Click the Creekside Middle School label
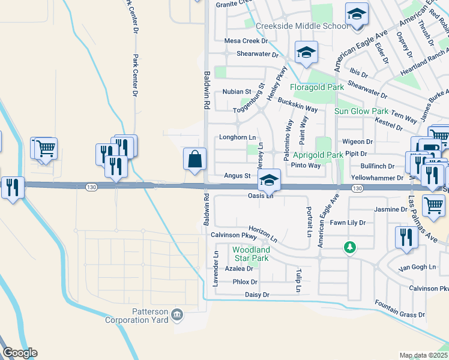(x=301, y=26)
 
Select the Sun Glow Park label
(x=361, y=112)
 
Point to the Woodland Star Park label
(x=251, y=254)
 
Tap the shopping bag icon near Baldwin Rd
(x=195, y=160)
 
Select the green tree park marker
(x=348, y=247)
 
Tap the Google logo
(x=19, y=353)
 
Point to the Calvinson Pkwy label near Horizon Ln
(x=229, y=236)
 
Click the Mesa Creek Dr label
(x=246, y=41)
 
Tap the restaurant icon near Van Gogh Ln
(x=406, y=238)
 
